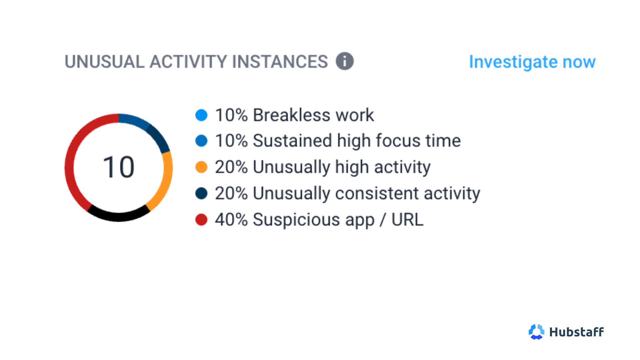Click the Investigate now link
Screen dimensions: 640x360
pos(532,62)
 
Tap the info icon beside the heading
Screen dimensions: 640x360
pos(345,61)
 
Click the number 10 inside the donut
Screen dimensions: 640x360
pos(119,167)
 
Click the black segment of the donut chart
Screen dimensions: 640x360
pos(119,217)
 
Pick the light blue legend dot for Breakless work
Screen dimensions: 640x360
pos(201,115)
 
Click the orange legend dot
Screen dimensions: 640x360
pos(201,167)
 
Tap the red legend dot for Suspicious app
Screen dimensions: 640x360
pos(201,220)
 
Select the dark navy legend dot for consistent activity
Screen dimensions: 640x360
pos(201,193)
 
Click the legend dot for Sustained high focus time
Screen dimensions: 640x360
pos(201,141)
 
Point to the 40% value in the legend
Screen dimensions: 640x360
pos(231,220)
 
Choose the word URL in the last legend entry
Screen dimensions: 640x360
pos(407,220)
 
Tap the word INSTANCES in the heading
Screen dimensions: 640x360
pos(280,62)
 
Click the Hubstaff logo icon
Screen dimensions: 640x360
pos(536,332)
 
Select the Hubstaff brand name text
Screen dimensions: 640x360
pos(576,332)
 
